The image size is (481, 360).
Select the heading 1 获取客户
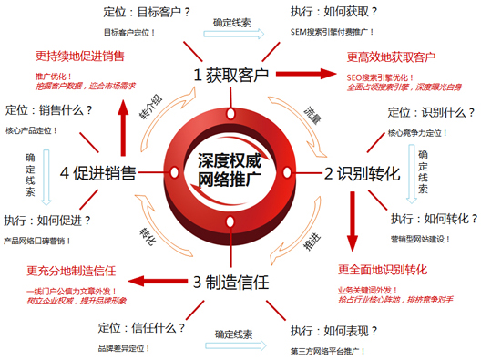tap(231, 74)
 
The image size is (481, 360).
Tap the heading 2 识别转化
tap(362, 171)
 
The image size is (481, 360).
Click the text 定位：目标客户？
tap(146, 13)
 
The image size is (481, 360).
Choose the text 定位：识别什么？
tap(431, 113)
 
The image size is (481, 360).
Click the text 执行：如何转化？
tap(433, 219)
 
